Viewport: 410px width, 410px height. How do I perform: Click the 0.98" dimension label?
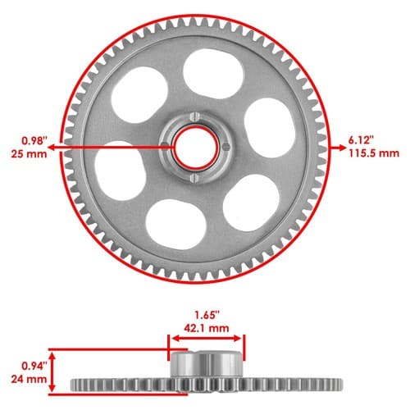click(34, 141)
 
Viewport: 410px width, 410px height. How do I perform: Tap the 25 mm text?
click(29, 154)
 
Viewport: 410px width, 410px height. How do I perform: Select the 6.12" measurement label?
click(361, 140)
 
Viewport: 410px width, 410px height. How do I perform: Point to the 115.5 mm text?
click(374, 153)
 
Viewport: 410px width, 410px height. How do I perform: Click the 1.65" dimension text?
click(207, 315)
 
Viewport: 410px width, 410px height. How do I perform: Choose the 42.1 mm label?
click(207, 328)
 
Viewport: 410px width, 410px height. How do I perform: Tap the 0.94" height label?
click(34, 366)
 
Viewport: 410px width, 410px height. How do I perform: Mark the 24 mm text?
click(29, 379)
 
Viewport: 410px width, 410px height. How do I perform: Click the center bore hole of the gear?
click(196, 148)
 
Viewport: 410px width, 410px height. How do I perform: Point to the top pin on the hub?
click(194, 116)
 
